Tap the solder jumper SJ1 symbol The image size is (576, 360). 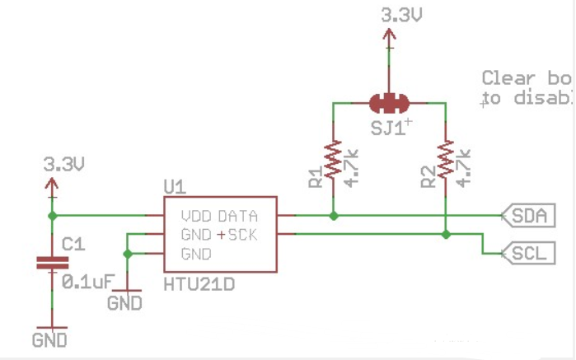pyautogui.click(x=389, y=104)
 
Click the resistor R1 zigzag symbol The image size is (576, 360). pyautogui.click(x=333, y=160)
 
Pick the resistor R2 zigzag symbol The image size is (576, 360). pyautogui.click(x=446, y=160)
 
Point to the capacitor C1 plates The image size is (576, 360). pyautogui.click(x=53, y=264)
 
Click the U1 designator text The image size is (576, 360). pyautogui.click(x=175, y=188)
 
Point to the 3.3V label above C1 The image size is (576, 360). pyautogui.click(x=64, y=165)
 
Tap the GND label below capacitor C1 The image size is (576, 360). pyautogui.click(x=49, y=339)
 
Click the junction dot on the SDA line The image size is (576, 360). pyautogui.click(x=333, y=216)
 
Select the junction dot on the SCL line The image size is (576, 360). pyautogui.click(x=446, y=235)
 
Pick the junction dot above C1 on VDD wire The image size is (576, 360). pyautogui.click(x=53, y=216)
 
